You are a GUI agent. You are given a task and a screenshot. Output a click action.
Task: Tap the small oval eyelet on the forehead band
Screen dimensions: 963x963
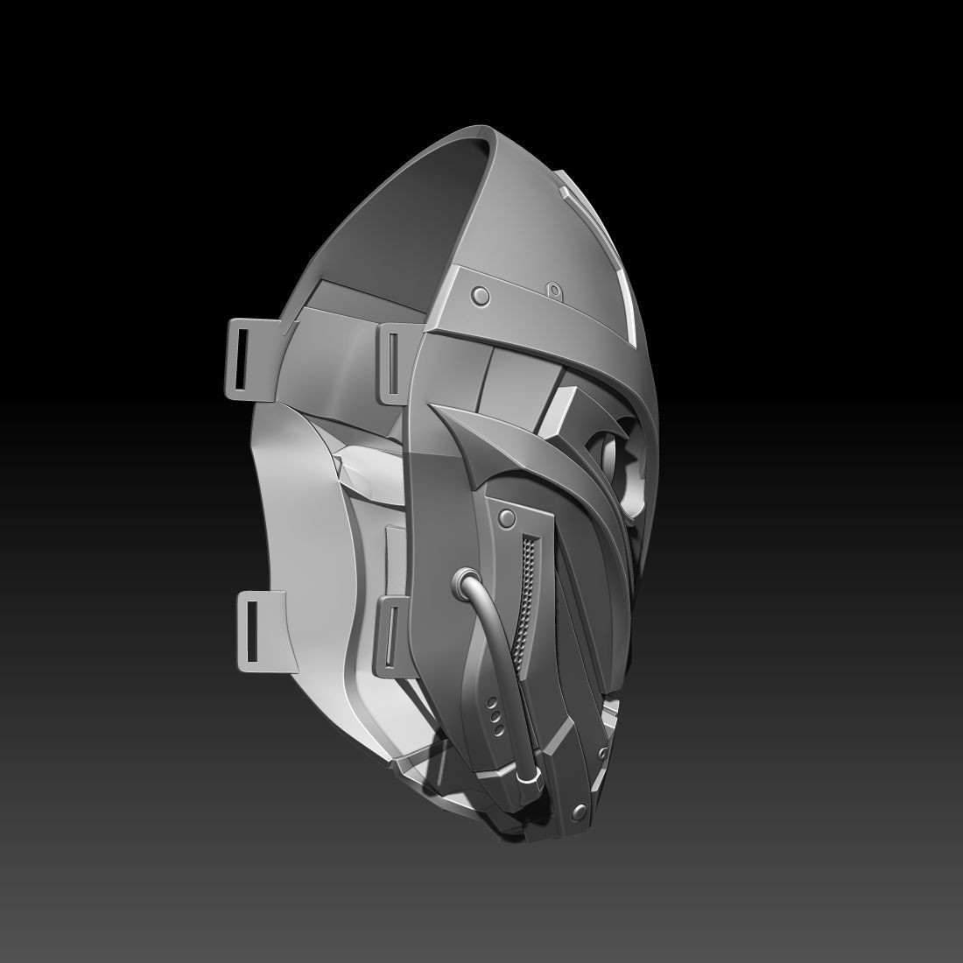pyautogui.click(x=554, y=289)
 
